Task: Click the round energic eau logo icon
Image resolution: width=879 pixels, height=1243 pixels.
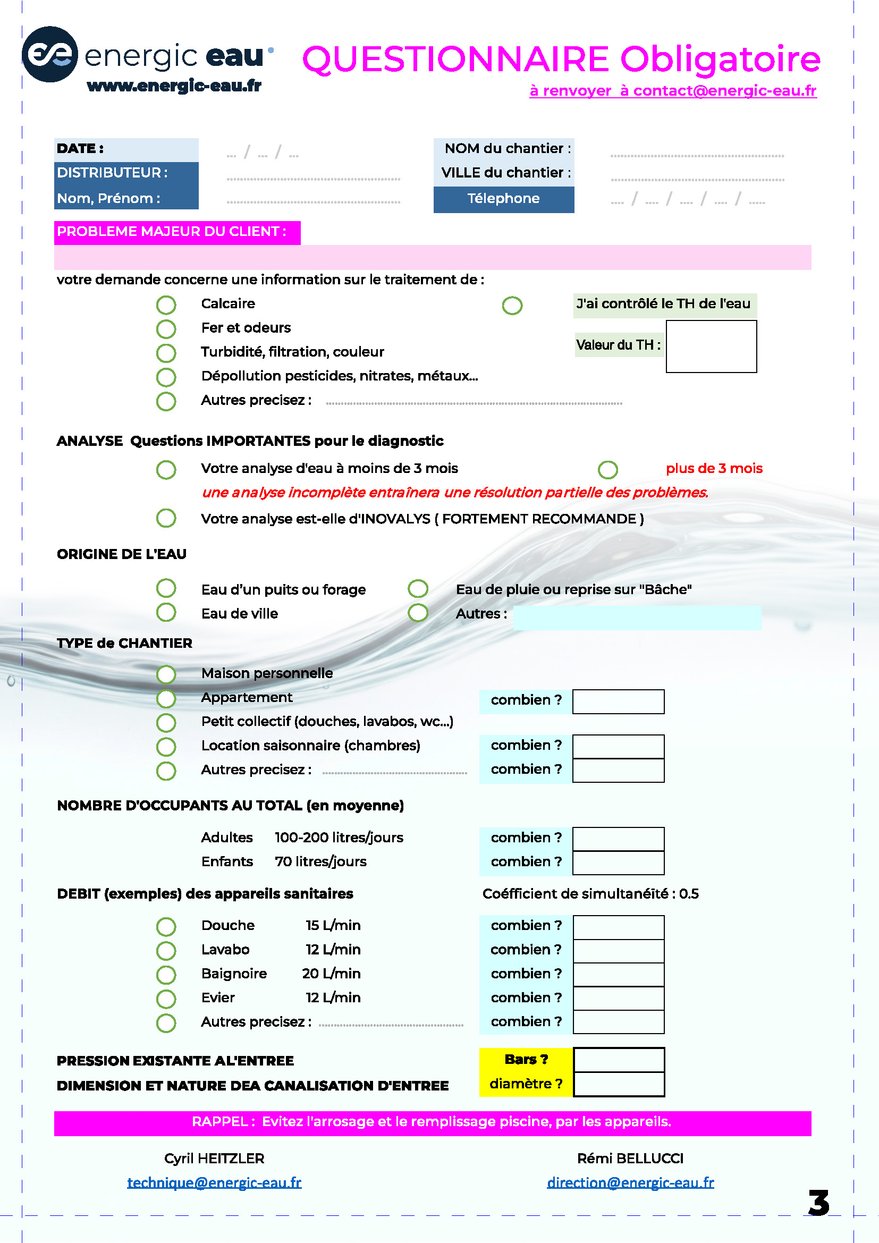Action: click(50, 54)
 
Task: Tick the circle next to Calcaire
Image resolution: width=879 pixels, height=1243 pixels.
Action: click(166, 305)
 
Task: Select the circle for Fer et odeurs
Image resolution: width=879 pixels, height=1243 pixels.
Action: click(166, 328)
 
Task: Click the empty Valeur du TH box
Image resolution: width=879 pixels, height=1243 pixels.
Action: click(711, 346)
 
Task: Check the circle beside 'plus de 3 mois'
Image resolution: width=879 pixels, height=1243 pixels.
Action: click(607, 469)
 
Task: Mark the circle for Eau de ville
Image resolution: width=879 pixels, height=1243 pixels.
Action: click(166, 613)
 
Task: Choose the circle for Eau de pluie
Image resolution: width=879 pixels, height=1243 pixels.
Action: click(418, 588)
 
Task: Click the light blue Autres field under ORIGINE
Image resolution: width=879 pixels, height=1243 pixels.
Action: click(637, 618)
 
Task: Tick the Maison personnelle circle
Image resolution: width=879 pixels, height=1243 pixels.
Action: click(166, 674)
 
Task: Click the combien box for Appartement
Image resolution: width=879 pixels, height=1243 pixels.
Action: click(618, 701)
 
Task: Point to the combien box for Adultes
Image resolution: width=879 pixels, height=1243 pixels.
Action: click(618, 839)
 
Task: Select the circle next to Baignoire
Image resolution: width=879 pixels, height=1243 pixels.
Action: click(166, 975)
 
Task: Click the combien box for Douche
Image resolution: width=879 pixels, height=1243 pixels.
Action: click(618, 927)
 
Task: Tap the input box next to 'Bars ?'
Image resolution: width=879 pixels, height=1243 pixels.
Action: click(619, 1060)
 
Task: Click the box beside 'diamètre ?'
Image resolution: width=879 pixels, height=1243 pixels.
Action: click(619, 1085)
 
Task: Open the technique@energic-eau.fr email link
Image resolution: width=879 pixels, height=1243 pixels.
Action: click(214, 1182)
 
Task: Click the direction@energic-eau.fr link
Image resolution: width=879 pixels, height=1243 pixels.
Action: click(630, 1182)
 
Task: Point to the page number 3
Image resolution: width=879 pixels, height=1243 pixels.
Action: click(818, 1203)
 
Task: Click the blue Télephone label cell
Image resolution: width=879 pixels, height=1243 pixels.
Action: click(503, 199)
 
